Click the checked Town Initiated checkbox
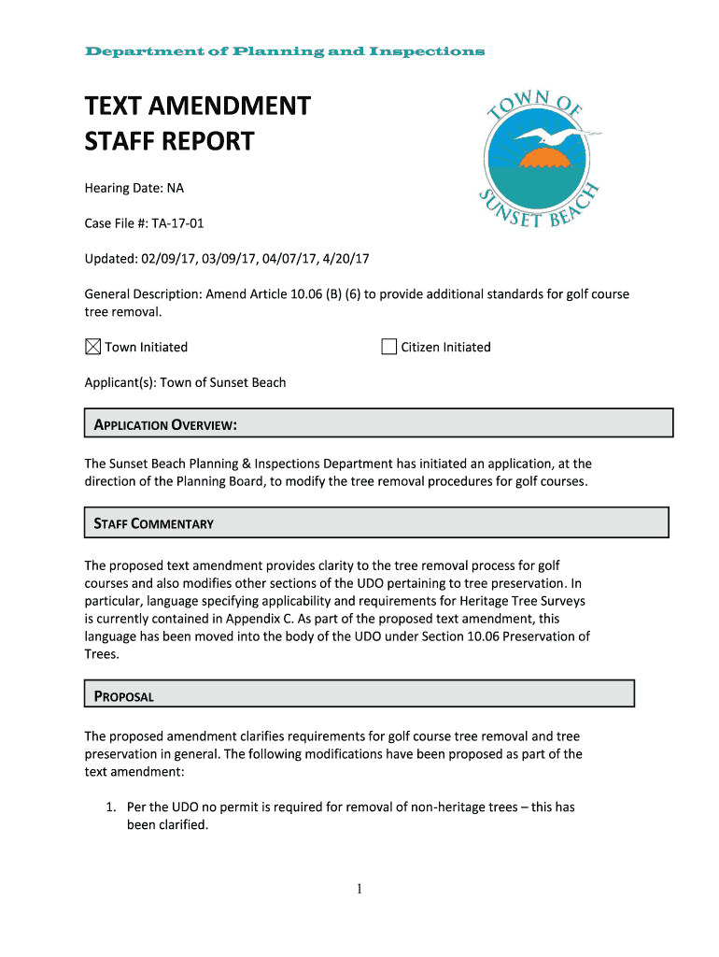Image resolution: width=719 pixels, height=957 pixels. coord(92,347)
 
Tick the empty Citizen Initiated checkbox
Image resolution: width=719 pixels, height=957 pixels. coord(389,347)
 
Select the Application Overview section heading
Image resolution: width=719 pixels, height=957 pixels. coord(165,426)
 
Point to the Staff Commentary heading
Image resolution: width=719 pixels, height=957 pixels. coord(154,523)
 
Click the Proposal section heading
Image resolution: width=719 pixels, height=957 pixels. coord(123,696)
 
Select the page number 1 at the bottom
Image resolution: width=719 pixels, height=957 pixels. coord(358,889)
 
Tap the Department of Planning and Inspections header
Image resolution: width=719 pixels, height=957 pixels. coord(285,51)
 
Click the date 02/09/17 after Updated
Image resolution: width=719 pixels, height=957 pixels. coord(171,259)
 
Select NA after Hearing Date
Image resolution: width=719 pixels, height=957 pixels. coord(176,188)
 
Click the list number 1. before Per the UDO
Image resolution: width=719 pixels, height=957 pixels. coord(109,807)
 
